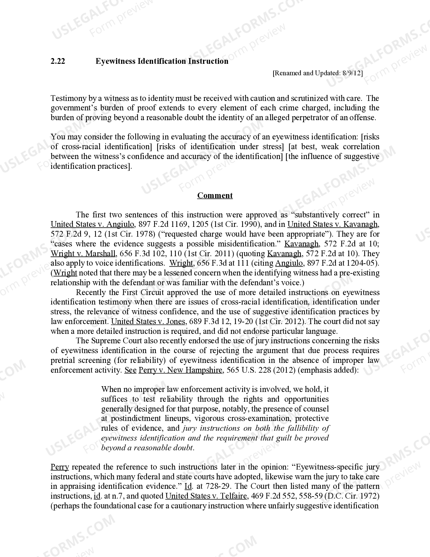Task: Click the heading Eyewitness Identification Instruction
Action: pyautogui.click(x=162, y=61)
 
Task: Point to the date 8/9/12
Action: pyautogui.click(x=352, y=73)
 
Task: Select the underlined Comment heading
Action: pyautogui.click(x=215, y=196)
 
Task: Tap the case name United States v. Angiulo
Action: pyautogui.click(x=92, y=224)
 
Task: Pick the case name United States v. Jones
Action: pyautogui.click(x=148, y=321)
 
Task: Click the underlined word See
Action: pyautogui.click(x=131, y=370)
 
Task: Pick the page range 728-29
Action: pyautogui.click(x=212, y=486)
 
